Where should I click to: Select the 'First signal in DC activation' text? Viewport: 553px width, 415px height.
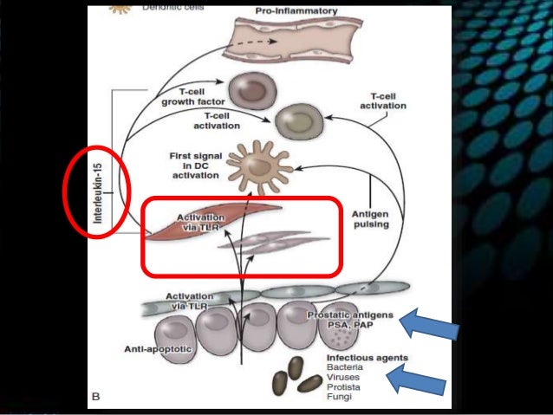pyautogui.click(x=197, y=165)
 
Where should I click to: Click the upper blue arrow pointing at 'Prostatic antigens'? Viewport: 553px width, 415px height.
pyautogui.click(x=430, y=326)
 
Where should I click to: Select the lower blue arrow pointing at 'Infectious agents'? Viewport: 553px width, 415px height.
pyautogui.click(x=419, y=379)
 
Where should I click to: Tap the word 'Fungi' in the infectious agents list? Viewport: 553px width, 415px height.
pyautogui.click(x=339, y=396)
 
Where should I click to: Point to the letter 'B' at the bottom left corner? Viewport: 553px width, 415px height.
pyautogui.click(x=96, y=396)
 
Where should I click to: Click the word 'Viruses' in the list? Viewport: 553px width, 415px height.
pyautogui.click(x=343, y=377)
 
